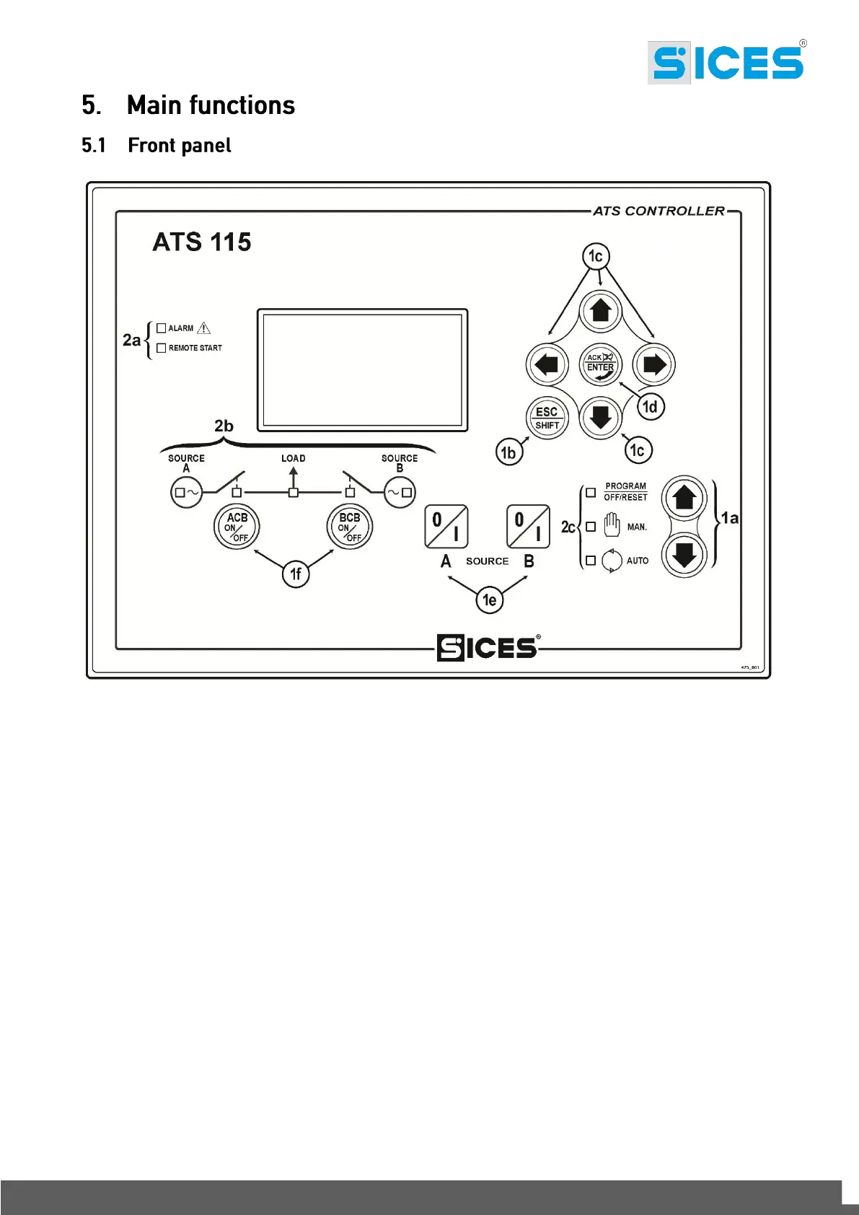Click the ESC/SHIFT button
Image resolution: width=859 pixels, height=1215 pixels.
click(x=547, y=418)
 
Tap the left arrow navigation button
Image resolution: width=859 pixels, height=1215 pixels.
click(x=547, y=364)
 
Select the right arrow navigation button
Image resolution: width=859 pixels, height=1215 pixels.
click(x=653, y=364)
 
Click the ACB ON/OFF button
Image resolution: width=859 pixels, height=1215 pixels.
click(x=237, y=527)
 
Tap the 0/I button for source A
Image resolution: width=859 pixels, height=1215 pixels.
click(x=446, y=527)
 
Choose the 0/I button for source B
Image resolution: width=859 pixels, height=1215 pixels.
click(x=529, y=527)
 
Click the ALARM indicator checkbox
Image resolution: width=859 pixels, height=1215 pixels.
click(x=162, y=328)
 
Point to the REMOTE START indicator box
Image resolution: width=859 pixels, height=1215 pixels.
click(x=162, y=348)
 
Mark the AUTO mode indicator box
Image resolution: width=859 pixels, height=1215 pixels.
click(x=591, y=561)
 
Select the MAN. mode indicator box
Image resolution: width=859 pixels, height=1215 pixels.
click(x=591, y=527)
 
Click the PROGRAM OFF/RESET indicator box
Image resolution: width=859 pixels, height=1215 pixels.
click(x=591, y=492)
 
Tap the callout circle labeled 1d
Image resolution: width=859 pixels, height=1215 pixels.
click(x=651, y=407)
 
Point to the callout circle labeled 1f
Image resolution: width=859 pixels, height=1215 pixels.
click(x=296, y=574)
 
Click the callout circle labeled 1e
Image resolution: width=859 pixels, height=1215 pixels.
click(x=490, y=600)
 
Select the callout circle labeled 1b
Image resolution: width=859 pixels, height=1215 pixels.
click(x=508, y=452)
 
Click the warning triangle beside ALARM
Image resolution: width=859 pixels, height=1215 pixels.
click(x=204, y=328)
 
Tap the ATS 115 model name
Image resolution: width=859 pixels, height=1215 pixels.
click(x=202, y=242)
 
